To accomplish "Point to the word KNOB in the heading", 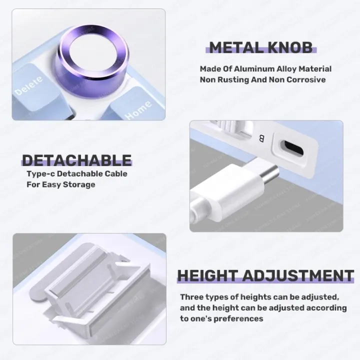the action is click(290, 47).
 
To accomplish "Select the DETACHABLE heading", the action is click(76, 160).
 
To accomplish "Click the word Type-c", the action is click(40, 174).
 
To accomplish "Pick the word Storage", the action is click(79, 184).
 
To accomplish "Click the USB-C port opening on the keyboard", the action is click(294, 148).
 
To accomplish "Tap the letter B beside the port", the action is click(261, 138).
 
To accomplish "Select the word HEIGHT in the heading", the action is click(207, 275).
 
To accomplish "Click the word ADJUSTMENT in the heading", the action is click(298, 275).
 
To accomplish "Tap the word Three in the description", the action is click(191, 297).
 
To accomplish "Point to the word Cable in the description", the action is click(115, 174).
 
